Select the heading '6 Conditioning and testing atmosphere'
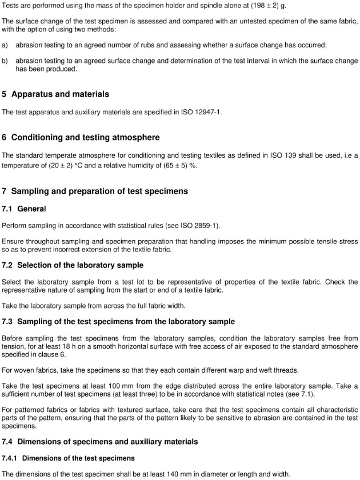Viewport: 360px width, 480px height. [x=81, y=138]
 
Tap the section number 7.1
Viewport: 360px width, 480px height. [x=8, y=209]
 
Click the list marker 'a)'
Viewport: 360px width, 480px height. [x=5, y=44]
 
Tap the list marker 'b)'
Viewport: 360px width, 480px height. [x=5, y=60]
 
